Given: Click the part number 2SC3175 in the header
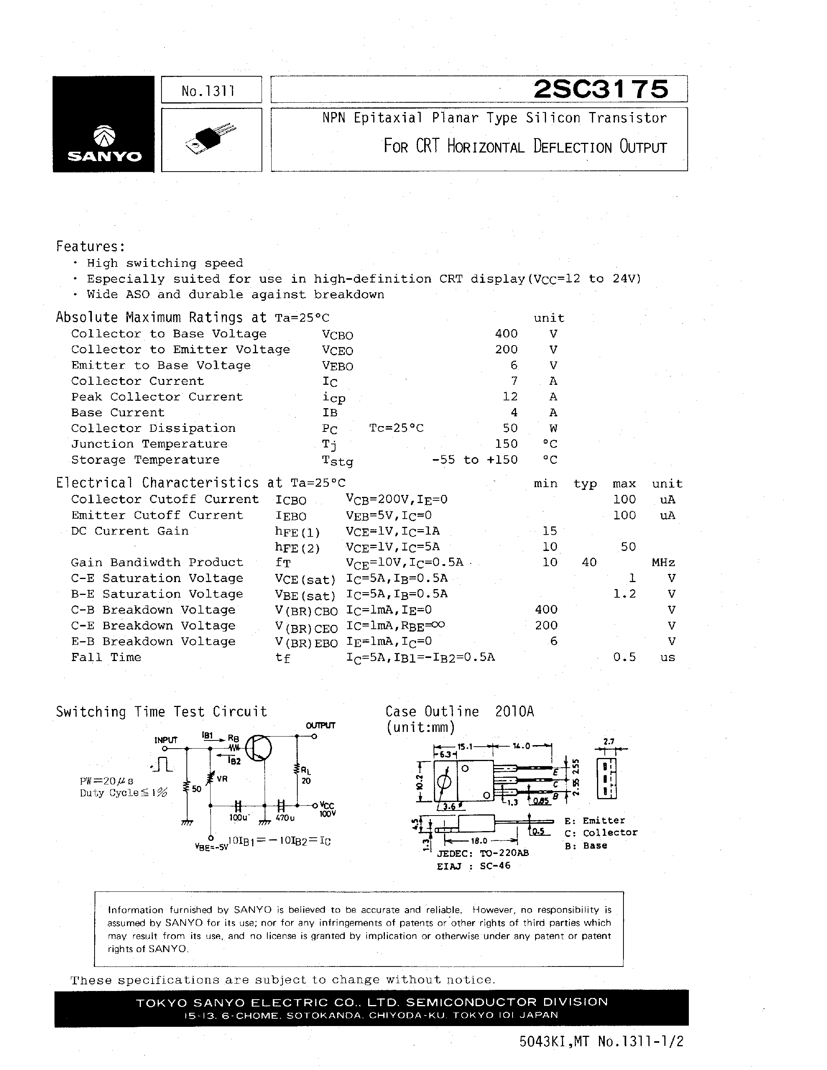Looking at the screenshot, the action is click(x=600, y=89).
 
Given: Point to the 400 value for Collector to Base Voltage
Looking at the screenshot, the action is click(x=506, y=333).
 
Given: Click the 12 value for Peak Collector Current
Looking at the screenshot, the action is click(x=510, y=397).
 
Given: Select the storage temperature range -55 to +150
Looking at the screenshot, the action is click(x=475, y=460).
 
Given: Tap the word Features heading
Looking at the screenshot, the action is click(x=90, y=246).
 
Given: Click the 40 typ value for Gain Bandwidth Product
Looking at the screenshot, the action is click(x=589, y=563).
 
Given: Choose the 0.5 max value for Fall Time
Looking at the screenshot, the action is click(x=624, y=657).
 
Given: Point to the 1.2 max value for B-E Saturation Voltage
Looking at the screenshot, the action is click(x=624, y=594).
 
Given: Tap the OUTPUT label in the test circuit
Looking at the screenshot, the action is click(x=320, y=726).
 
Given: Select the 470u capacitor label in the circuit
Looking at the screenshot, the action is click(x=284, y=818).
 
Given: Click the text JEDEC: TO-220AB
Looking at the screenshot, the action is click(x=483, y=853).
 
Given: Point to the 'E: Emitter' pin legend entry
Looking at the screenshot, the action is click(x=595, y=821).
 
